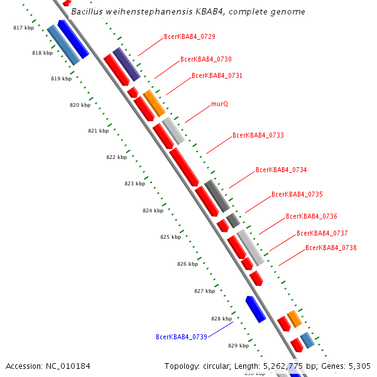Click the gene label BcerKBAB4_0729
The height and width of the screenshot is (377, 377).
(x=189, y=36)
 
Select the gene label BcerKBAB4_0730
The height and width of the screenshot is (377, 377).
(x=206, y=59)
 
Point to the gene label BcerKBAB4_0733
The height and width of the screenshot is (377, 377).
(x=258, y=135)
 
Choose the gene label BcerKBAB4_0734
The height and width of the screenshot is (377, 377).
(x=281, y=170)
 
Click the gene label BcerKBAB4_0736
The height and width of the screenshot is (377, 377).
(x=312, y=216)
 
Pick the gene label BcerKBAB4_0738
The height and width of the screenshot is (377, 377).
(x=331, y=248)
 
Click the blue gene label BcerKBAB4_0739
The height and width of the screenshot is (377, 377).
(x=182, y=337)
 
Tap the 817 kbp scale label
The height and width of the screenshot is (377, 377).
(x=23, y=28)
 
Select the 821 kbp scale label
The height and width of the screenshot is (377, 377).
(x=99, y=131)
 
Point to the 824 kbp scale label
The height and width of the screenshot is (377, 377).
(x=153, y=210)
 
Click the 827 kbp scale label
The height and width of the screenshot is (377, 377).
(x=204, y=291)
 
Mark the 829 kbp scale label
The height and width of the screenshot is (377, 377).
(x=238, y=346)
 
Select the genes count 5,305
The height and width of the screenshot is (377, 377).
(x=358, y=366)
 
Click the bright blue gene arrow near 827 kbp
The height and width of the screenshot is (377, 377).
(x=255, y=309)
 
